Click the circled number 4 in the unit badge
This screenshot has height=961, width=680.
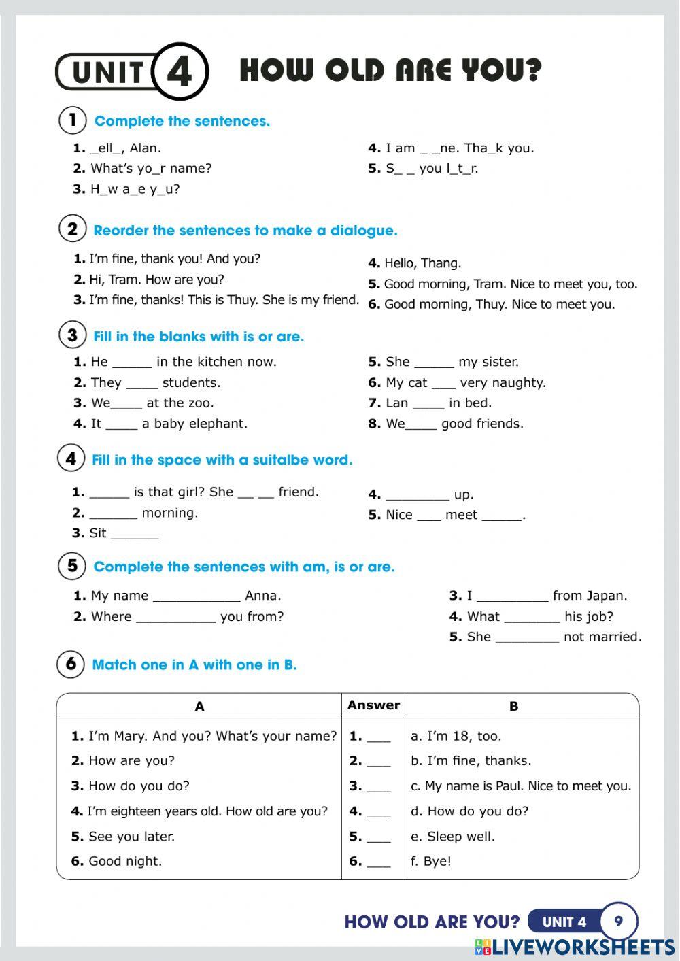[x=180, y=71]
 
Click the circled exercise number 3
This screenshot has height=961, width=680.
[x=72, y=335]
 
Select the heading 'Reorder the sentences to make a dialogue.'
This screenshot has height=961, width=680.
[x=245, y=231]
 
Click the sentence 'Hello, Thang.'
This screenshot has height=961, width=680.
[x=422, y=263]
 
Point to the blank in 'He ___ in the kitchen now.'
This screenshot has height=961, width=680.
[x=132, y=363]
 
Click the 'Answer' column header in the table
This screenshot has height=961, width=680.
[x=373, y=705]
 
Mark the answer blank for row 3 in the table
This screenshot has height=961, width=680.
[x=379, y=787]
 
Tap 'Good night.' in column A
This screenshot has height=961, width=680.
[x=125, y=861]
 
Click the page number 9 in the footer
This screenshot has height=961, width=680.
[x=618, y=922]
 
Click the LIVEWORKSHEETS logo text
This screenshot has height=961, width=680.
[x=583, y=947]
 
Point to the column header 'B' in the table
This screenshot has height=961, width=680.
[x=513, y=707]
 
